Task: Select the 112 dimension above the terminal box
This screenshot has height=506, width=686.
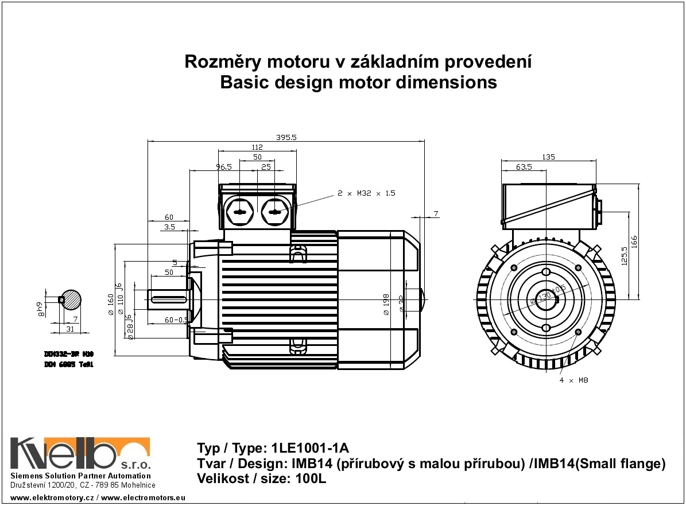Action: coord(258,147)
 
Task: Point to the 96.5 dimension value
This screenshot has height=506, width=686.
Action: coord(223,167)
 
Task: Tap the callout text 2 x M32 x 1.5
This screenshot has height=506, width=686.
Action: coord(367,193)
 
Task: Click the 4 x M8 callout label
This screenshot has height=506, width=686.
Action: coord(573,380)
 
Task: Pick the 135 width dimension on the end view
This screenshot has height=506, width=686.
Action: coord(548,157)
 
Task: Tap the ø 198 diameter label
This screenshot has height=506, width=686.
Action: coord(386,304)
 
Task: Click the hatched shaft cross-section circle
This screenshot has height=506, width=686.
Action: coord(72,299)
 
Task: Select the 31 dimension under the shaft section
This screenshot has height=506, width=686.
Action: coord(70,329)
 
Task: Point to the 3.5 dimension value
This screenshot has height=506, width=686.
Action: coord(169,228)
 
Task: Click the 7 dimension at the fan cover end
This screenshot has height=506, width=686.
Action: coord(436,213)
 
